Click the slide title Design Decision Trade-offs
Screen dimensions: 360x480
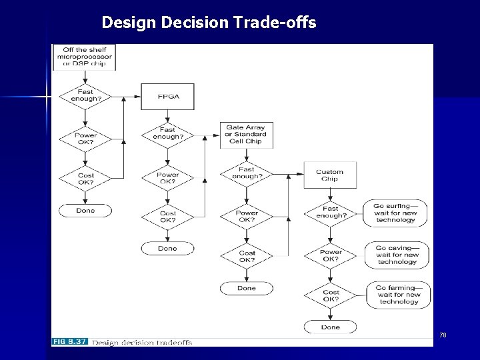(209, 23)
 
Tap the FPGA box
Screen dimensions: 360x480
(168, 97)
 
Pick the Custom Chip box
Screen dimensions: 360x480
(330, 175)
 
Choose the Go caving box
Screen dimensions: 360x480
(397, 255)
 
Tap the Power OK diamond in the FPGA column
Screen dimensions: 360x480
(168, 178)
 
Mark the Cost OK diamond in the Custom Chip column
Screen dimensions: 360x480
(331, 296)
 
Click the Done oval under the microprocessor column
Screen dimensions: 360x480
(86, 211)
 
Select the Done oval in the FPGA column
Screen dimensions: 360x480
(168, 248)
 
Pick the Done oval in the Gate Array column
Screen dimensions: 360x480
(246, 288)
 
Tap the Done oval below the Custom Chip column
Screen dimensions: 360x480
(331, 327)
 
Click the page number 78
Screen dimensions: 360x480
(443, 334)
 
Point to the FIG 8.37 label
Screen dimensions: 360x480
(69, 342)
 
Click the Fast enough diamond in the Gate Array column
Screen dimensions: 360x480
(246, 173)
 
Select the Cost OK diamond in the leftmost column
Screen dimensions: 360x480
(86, 178)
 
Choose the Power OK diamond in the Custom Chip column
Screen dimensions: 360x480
(331, 256)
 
